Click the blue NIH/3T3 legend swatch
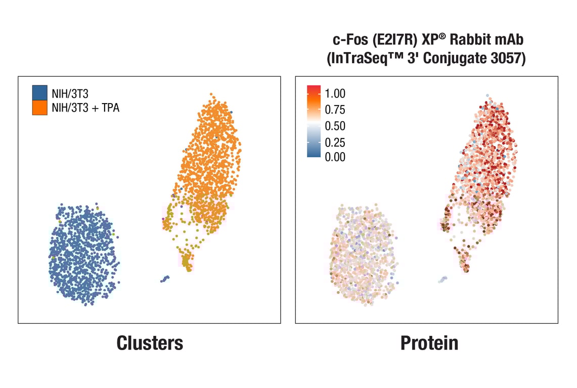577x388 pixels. point(39,92)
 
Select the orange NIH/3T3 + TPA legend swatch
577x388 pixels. point(39,108)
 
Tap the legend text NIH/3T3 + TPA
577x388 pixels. point(85,108)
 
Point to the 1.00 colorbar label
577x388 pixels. point(335,94)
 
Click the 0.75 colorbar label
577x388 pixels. point(335,110)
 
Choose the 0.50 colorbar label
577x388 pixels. point(335,126)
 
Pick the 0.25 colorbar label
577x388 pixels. point(335,142)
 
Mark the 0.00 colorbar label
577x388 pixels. point(335,157)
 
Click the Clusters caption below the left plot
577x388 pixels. point(150,343)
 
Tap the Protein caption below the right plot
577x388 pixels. point(429,343)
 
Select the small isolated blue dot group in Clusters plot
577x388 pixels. point(165,278)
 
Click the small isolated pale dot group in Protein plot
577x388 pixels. point(443,279)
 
